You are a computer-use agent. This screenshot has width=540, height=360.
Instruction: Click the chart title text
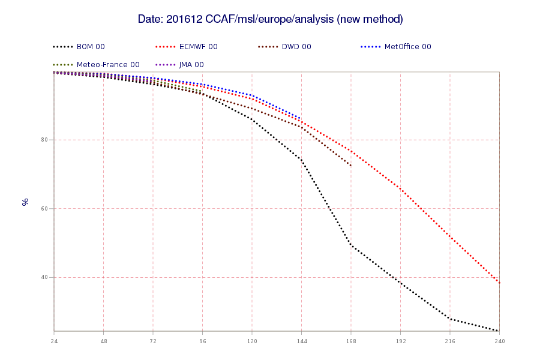point(271,19)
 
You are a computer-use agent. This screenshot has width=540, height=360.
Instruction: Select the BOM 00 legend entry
point(79,47)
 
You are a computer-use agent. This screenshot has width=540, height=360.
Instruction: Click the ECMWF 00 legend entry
point(187,47)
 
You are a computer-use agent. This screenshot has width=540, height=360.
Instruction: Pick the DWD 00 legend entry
point(284,47)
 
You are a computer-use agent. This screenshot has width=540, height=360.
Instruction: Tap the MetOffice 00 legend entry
point(396,47)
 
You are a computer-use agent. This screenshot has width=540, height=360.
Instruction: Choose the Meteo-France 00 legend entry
point(96,64)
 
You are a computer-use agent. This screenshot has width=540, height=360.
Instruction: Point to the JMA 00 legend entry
point(179,64)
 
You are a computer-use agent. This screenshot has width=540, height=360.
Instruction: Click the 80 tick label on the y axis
point(44,140)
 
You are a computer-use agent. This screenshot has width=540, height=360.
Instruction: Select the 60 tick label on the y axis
point(44,208)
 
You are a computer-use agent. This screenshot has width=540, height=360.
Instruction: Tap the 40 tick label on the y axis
point(44,277)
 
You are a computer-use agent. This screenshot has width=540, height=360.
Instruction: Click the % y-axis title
point(25,202)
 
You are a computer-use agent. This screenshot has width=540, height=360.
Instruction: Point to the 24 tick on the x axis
point(54,341)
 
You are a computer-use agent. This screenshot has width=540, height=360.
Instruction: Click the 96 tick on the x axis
point(203,341)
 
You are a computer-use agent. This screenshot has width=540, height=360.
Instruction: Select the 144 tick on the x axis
point(302,341)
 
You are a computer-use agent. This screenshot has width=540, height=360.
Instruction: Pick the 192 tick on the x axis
point(401,341)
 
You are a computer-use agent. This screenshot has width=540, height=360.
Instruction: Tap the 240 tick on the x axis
point(500,341)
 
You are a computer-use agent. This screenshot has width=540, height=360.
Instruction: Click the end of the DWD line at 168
point(351,166)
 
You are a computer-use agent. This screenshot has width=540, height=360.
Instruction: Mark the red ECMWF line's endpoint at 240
point(499,283)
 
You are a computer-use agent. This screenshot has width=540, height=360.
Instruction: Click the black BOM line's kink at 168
point(351,245)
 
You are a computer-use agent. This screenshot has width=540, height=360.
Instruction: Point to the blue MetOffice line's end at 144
point(301,119)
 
